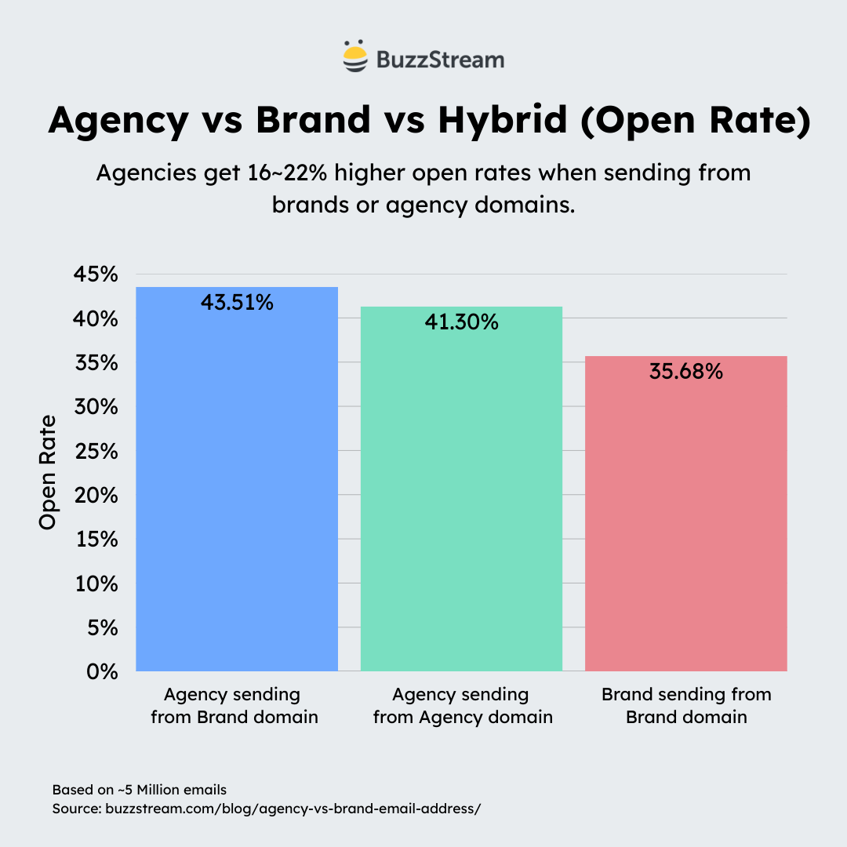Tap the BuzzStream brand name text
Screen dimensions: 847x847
coord(440,60)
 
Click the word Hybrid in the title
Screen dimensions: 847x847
coord(486,121)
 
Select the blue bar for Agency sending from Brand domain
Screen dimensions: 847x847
coord(237,486)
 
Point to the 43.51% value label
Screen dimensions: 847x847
coord(237,303)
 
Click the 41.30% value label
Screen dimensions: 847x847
coord(461,322)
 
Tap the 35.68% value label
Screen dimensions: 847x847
coord(686,371)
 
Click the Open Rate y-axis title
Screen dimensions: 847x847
coord(49,471)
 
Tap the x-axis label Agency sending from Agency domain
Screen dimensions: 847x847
coord(462,706)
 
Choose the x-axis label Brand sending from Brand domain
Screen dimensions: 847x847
coord(686,706)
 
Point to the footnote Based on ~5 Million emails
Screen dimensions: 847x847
coord(139,789)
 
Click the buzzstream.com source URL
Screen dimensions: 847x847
coord(292,808)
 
